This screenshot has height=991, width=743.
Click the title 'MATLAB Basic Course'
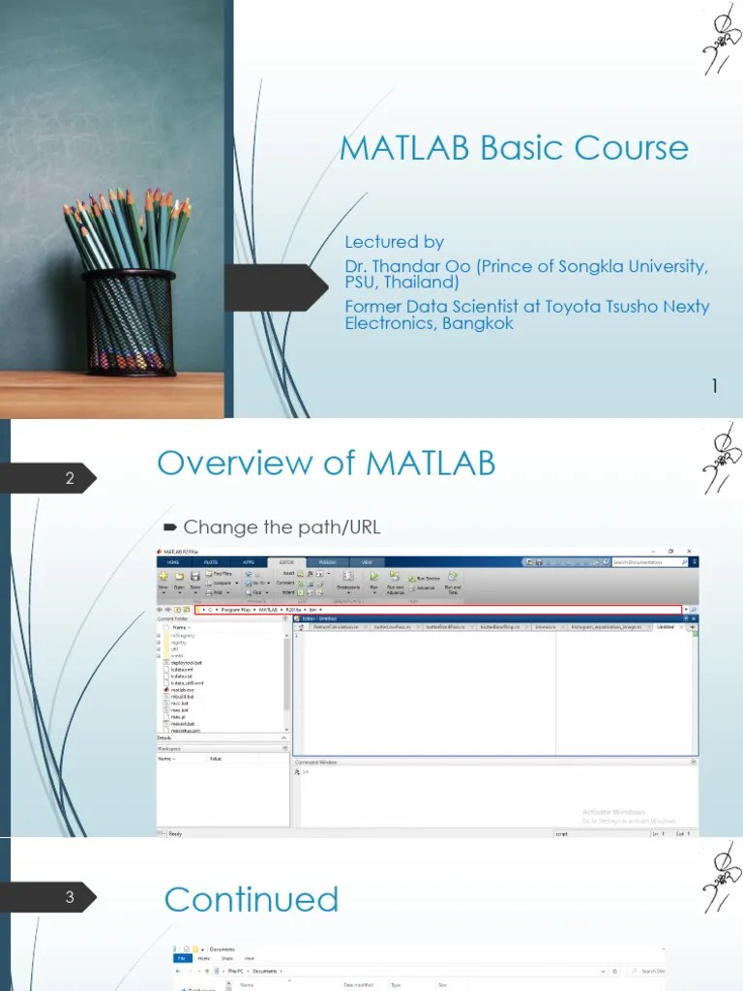coord(514,148)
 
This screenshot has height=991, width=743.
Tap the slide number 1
coord(715,387)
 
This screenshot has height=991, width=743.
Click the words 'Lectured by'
coord(394,242)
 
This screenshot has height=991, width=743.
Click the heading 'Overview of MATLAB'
coord(326,464)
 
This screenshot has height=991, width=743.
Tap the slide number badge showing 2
coord(69,478)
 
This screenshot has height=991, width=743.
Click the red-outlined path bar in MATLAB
coord(435,610)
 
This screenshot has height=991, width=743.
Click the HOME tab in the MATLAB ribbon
coord(174,561)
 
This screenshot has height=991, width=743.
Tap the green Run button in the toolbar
coord(372,579)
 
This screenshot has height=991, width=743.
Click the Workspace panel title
coord(171,748)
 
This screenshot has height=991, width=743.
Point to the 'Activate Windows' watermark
coord(613,811)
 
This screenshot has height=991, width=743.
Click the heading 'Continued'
coord(252,899)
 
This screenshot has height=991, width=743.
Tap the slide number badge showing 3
coord(69,897)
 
